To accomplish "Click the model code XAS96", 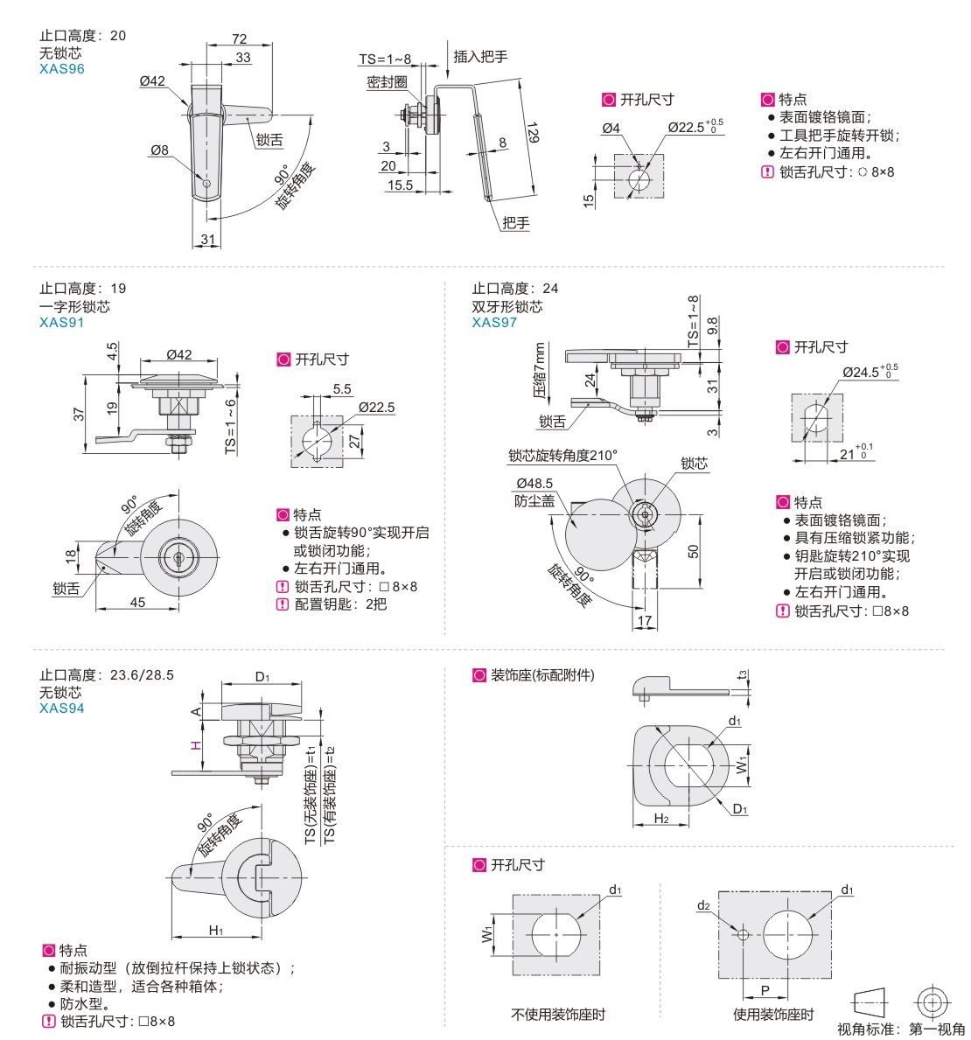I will tap(61, 68).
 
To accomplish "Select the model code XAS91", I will tap(61, 322).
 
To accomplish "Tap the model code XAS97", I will tap(494, 322).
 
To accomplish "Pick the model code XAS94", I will tap(61, 708).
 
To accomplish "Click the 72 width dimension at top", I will tap(239, 39).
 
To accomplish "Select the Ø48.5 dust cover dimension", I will tap(534, 483).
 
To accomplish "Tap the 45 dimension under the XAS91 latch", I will tap(138, 602).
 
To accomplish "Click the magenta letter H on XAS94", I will tap(196, 744).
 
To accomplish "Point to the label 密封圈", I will tap(388, 82).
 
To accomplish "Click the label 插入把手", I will tap(480, 56).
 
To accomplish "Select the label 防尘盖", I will tap(534, 500).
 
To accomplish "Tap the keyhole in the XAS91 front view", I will tap(179, 555).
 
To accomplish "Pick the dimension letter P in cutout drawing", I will tap(764, 990).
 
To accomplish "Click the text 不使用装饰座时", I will tap(558, 1015).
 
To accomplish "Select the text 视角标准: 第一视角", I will tap(901, 1029).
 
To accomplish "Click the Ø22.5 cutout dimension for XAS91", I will tap(376, 408).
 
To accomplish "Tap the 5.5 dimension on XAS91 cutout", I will tap(342, 389).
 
